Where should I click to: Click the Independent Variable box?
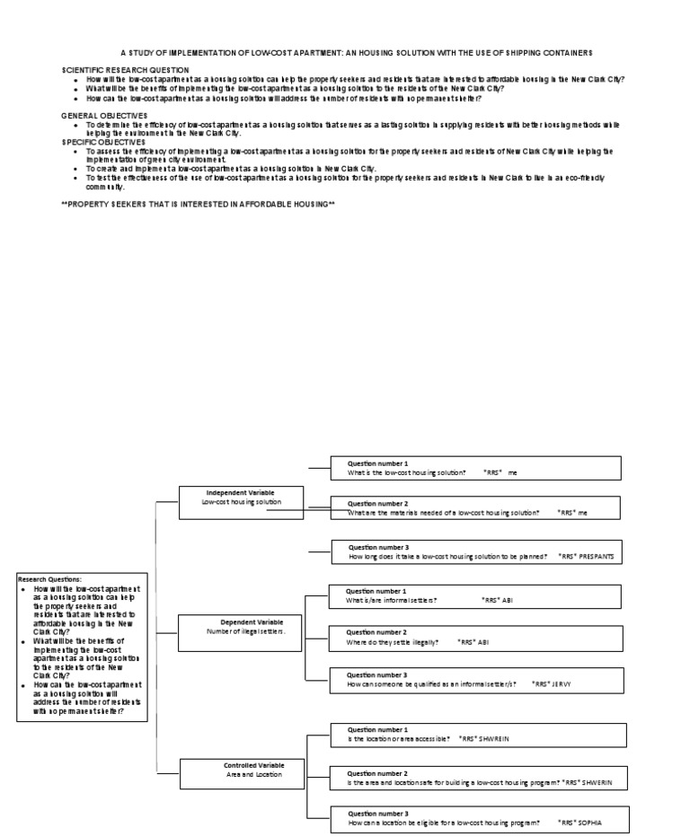point(241,498)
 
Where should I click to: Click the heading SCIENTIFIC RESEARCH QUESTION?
point(125,69)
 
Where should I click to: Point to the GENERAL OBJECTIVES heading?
point(104,116)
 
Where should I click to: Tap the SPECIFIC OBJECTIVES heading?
point(104,142)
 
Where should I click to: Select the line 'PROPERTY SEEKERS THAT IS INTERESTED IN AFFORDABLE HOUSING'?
point(198,205)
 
